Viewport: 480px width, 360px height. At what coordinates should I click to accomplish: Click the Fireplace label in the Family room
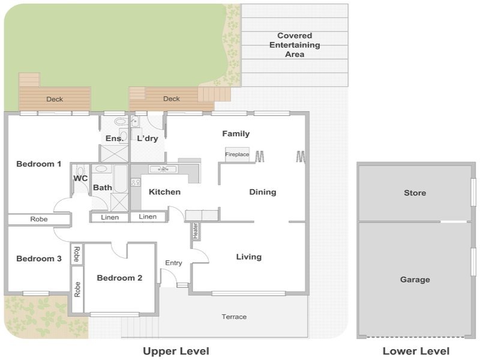237,154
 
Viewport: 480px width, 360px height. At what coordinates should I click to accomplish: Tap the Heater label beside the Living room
196,231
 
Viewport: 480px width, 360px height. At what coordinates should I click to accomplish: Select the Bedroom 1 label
39,164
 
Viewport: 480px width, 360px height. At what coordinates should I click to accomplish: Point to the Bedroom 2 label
119,278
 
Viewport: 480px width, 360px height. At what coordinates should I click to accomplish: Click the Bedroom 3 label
39,259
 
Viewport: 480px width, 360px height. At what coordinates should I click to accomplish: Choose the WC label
80,178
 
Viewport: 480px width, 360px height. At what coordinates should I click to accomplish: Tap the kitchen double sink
163,169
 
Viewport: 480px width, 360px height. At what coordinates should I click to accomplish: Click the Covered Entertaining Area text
295,45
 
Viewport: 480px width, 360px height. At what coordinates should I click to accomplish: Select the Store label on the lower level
415,193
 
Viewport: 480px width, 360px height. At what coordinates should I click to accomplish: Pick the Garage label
415,280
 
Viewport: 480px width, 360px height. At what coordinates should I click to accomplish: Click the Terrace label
234,317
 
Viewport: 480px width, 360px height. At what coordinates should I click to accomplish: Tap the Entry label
173,263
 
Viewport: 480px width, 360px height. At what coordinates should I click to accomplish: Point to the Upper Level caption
176,351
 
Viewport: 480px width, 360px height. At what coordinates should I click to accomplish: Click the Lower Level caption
416,351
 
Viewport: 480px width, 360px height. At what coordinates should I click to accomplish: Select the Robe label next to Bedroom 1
39,219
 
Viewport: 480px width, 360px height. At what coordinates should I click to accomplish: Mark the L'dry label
148,139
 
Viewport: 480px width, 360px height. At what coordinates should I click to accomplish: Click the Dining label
263,192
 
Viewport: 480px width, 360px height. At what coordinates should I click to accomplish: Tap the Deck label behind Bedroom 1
55,99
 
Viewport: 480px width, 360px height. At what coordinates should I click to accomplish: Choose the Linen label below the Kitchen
148,217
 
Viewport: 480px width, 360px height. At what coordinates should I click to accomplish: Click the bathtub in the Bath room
121,179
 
